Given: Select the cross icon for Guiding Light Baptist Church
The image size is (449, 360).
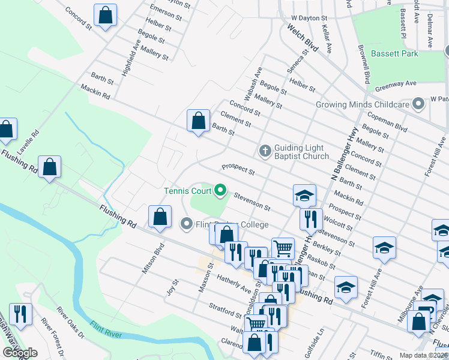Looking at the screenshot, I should click(x=265, y=151).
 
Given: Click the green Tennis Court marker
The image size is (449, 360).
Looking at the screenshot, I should click(x=220, y=191).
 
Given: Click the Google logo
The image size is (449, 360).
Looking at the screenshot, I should click(x=20, y=353).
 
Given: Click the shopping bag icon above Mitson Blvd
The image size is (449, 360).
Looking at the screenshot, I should click(x=160, y=217).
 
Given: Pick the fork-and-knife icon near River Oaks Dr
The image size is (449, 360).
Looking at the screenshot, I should click(x=20, y=314).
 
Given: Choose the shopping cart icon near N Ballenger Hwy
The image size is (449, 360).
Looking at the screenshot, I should click(x=283, y=248).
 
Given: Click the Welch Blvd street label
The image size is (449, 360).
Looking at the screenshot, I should click(x=301, y=37).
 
